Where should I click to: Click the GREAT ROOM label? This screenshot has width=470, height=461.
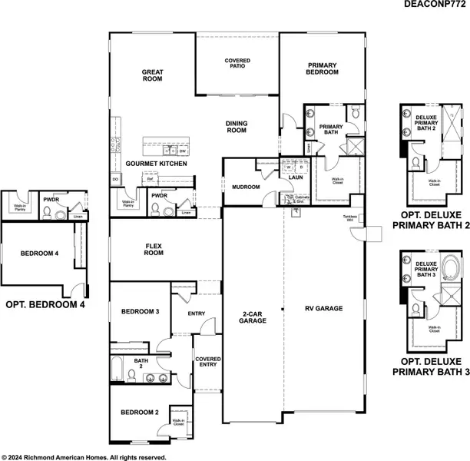(x=152, y=75)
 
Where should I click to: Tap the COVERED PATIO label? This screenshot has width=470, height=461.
(x=237, y=64)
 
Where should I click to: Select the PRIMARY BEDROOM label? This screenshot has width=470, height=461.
(x=323, y=68)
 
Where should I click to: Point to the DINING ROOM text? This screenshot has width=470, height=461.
(x=236, y=127)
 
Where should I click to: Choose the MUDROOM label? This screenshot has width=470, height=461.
(x=246, y=187)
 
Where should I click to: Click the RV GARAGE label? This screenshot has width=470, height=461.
(x=323, y=309)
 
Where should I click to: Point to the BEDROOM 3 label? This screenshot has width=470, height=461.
(x=140, y=311)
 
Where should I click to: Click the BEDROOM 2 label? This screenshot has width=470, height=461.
(x=139, y=413)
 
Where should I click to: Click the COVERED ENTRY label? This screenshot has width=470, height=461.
(x=207, y=363)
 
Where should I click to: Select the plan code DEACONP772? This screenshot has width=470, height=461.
(x=434, y=5)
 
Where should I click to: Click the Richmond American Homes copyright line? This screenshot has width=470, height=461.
(x=84, y=456)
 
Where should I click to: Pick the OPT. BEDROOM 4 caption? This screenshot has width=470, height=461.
(x=45, y=304)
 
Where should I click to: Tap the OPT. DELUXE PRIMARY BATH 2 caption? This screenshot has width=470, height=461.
(x=431, y=221)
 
